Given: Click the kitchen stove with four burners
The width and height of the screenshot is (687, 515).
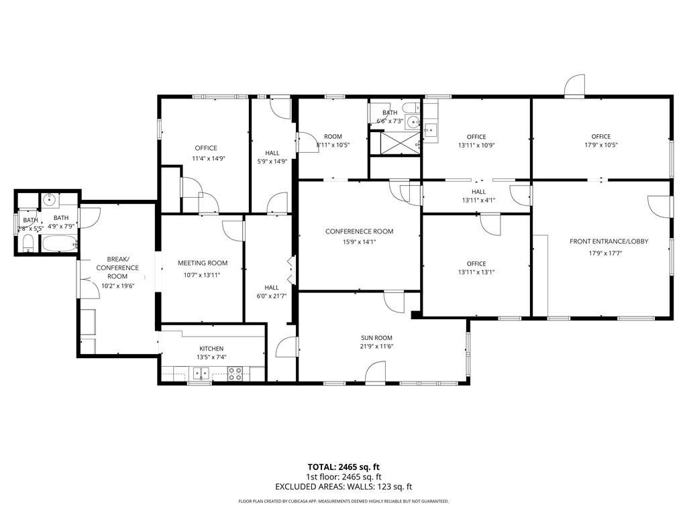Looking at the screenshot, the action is point(235,373).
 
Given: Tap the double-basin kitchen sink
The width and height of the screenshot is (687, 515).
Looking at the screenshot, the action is point(201,374).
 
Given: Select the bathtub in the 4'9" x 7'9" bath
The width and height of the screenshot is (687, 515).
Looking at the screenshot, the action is point(59,243).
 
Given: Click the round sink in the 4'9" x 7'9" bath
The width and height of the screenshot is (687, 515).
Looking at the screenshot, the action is point(50,200).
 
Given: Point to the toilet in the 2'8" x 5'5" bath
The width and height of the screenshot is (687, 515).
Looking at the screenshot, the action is point(28,243).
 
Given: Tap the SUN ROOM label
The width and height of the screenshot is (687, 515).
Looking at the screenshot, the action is point(376,338).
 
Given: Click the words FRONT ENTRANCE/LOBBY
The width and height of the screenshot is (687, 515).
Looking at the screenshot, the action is point(609,241).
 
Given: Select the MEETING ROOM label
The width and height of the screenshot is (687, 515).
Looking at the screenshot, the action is point(203,263).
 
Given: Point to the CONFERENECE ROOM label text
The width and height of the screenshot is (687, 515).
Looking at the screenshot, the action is point(360,231).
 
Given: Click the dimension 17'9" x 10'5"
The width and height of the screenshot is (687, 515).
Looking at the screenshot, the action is point(600,145).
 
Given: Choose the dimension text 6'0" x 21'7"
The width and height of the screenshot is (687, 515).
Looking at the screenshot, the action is point(272,296).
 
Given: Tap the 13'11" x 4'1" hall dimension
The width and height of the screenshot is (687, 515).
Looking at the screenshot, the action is point(478,200).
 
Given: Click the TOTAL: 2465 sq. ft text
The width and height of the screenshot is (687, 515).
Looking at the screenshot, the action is point(343,467).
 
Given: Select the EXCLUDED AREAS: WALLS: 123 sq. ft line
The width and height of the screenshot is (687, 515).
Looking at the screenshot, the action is point(343,487).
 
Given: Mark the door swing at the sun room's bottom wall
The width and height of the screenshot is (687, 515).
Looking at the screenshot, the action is point(376,372).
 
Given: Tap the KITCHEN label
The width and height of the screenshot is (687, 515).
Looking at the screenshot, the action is point(211,349).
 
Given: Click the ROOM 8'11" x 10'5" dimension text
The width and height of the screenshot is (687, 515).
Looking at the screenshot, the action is point(333,145).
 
